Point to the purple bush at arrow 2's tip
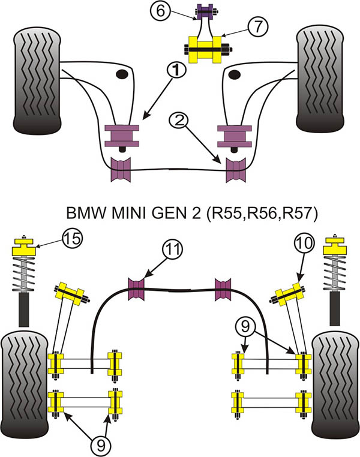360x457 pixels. pyautogui.click(x=235, y=170)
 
